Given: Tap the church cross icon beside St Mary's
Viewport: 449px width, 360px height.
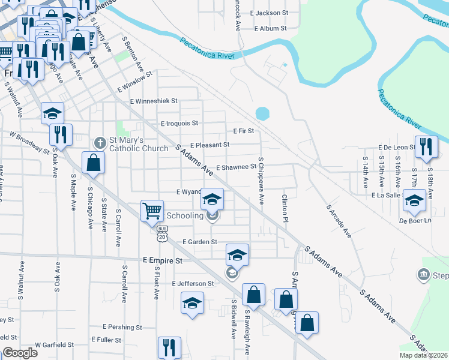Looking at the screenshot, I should [100, 142].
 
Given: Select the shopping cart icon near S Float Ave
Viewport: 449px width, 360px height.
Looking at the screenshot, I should [152, 211].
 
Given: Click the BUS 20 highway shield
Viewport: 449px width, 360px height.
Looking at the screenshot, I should [161, 233].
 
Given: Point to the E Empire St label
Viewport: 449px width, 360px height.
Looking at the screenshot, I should [162, 261].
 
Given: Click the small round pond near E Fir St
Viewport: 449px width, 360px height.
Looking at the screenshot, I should [262, 113].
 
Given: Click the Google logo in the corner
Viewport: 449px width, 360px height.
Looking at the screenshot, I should [20, 353].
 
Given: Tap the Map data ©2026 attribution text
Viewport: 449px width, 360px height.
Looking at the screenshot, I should [424, 355].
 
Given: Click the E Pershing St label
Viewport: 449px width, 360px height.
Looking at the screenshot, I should [122, 327].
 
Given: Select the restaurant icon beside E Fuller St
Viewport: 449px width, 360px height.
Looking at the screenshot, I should [169, 347].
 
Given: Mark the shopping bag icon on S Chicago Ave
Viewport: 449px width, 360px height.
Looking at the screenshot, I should [93, 162].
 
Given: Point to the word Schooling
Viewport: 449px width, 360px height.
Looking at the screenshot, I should [185, 215].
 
